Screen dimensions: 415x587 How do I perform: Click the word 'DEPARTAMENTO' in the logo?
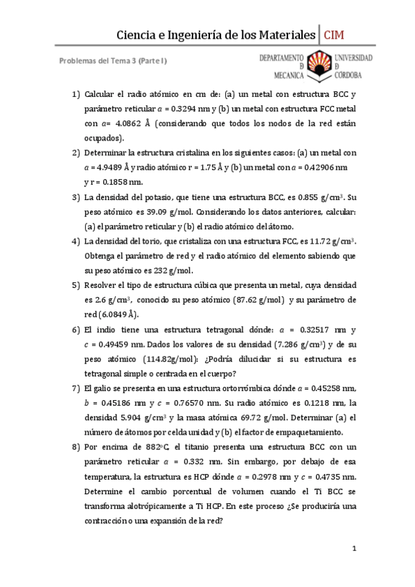coord(283,57)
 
